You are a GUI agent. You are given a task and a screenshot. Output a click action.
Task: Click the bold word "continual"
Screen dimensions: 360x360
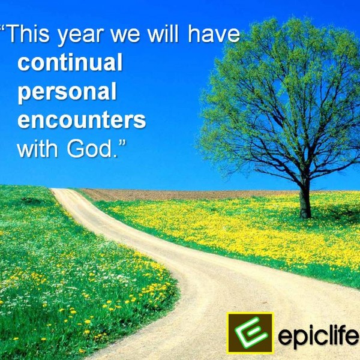tap(70, 64)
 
